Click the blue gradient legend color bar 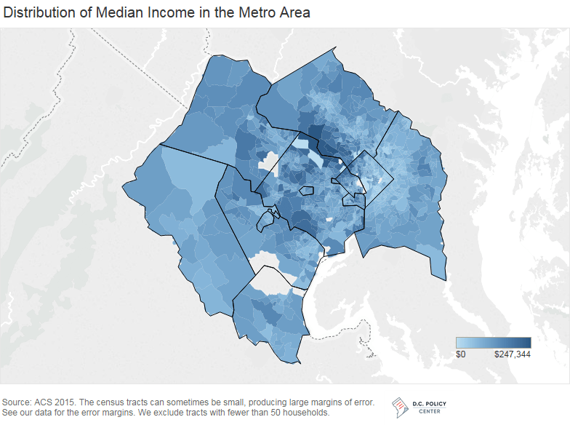coord(493,343)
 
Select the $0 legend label coord(460,354)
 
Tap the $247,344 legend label coord(513,354)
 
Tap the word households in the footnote coord(306,413)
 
